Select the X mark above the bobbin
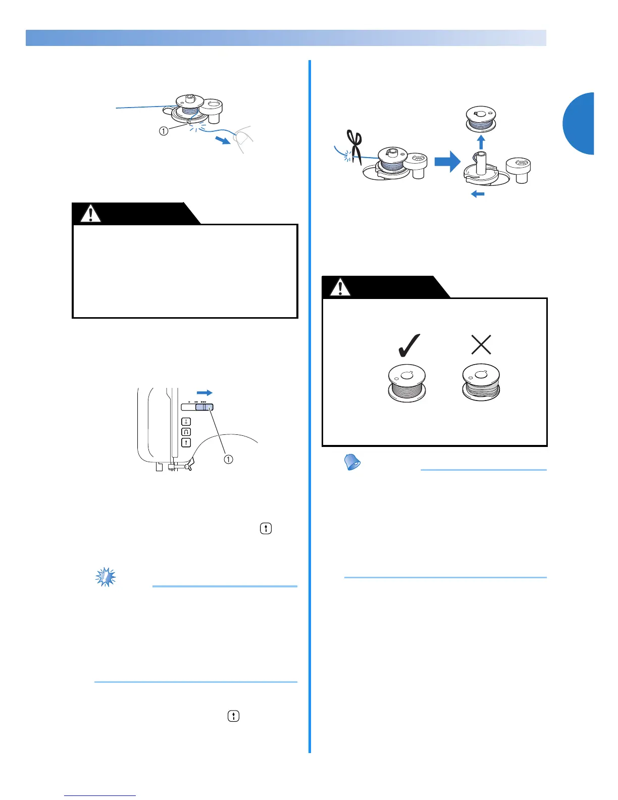481,345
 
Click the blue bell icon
352,462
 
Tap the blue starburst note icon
106,577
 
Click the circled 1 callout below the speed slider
228,459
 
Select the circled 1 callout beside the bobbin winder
164,131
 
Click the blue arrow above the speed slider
204,392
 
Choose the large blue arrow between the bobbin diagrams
447,163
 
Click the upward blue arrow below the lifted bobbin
481,141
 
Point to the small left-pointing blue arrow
478,194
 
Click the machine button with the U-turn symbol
186,432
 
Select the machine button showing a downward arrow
186,422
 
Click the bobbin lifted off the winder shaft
482,120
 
